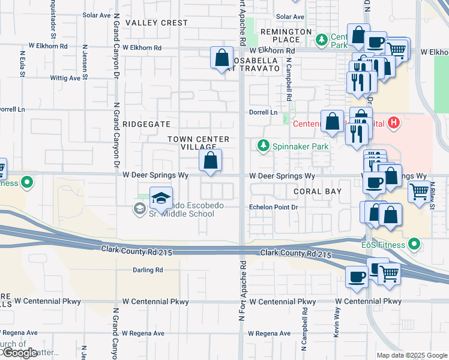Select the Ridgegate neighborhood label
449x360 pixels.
(x=146, y=124)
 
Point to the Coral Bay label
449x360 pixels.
(x=318, y=191)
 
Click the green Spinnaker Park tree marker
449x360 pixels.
(x=263, y=145)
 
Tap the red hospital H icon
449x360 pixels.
(x=394, y=124)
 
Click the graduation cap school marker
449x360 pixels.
(x=161, y=198)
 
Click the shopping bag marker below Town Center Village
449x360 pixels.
(x=210, y=161)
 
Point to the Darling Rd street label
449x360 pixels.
(x=148, y=270)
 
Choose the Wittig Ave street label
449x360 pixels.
(x=65, y=78)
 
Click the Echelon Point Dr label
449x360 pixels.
(x=273, y=207)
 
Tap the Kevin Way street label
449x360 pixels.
(x=337, y=323)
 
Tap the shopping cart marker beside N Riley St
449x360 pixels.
(x=419, y=192)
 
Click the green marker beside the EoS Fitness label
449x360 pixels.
(x=414, y=244)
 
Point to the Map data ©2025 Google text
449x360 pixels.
(x=411, y=355)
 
